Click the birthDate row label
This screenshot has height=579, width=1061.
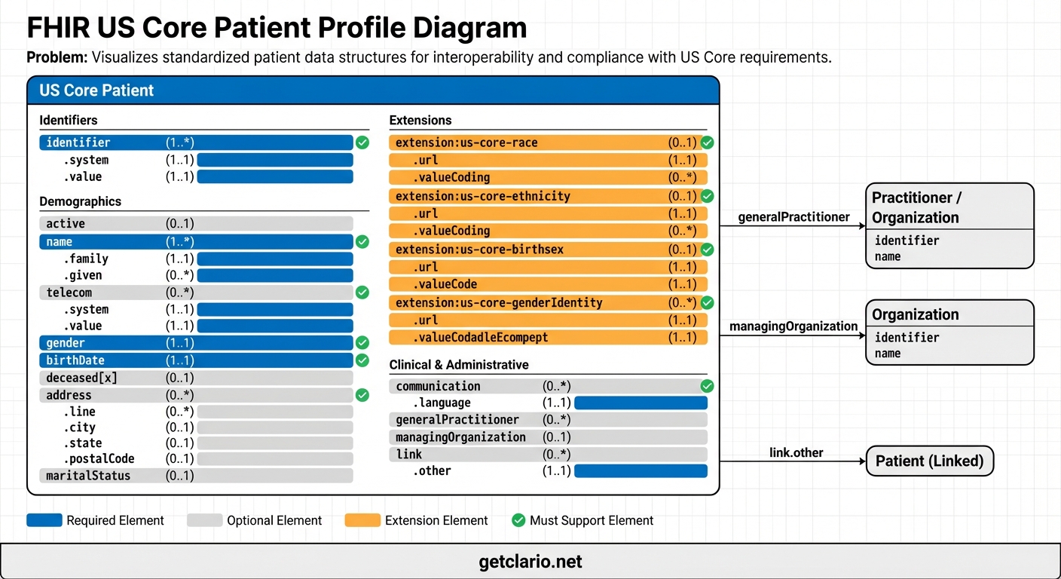(x=75, y=360)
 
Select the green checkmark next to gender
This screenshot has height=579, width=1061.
(x=362, y=343)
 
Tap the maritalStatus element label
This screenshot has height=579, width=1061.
(x=88, y=476)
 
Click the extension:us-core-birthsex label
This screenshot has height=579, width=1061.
(x=479, y=250)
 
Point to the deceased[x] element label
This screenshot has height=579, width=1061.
(x=81, y=378)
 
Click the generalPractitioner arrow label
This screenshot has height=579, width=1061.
(x=793, y=217)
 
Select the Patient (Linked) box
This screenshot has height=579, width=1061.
(x=929, y=461)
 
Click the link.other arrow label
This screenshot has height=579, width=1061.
(x=796, y=452)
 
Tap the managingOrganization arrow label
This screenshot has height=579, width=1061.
(x=793, y=326)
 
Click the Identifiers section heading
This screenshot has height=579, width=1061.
(x=69, y=120)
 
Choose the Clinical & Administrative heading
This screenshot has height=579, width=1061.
(x=459, y=365)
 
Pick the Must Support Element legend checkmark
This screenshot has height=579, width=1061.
(x=518, y=520)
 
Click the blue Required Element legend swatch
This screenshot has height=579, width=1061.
(x=44, y=520)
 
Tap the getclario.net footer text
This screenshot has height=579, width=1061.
(x=530, y=562)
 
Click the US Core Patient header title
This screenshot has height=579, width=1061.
(x=96, y=90)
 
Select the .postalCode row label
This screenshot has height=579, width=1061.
(x=99, y=458)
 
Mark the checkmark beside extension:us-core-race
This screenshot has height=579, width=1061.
(x=707, y=142)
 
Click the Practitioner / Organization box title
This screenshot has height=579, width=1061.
(x=916, y=207)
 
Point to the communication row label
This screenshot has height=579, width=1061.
(x=438, y=386)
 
